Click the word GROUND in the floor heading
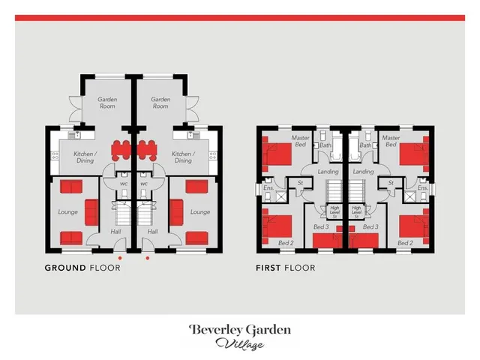65,268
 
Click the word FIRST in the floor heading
268,268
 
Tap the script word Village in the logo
239,343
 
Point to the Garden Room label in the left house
107,103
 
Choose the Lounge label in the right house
200,211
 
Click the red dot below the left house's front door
120,258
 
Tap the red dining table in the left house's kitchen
121,150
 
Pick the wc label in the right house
144,184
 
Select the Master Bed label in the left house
300,141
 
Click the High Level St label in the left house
334,211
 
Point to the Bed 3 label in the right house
370,226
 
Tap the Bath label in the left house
325,145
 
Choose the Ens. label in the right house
423,187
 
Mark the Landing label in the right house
363,172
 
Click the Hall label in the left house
115,232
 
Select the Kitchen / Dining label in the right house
183,157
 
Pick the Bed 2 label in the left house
286,243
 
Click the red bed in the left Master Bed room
277,154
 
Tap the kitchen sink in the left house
76,135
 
